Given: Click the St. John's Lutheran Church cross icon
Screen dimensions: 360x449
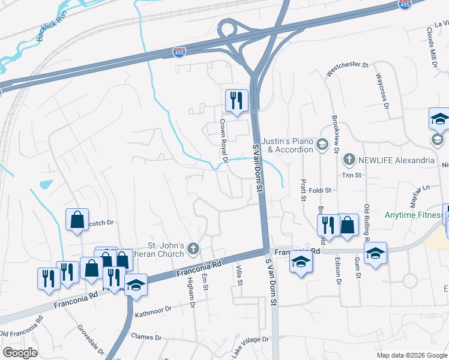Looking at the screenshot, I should pyautogui.click(x=193, y=248).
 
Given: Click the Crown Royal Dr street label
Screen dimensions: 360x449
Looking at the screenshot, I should pyautogui.click(x=223, y=141).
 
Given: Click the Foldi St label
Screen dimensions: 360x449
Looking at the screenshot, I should pyautogui.click(x=320, y=190).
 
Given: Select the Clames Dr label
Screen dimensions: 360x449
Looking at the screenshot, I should pyautogui.click(x=146, y=337).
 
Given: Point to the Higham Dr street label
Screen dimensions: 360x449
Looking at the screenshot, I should pyautogui.click(x=190, y=293).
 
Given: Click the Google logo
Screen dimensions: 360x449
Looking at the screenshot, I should pyautogui.click(x=20, y=353).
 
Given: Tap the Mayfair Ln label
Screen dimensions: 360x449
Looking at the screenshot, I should pyautogui.click(x=419, y=193).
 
